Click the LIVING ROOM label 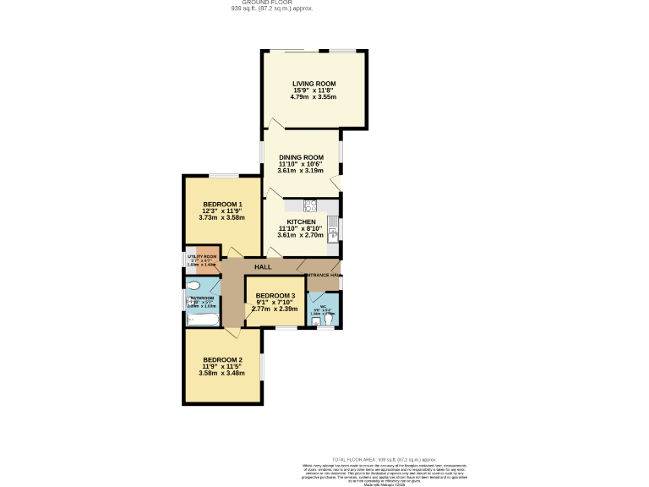point(314,84)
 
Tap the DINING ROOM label point(302,157)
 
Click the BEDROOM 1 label point(222,205)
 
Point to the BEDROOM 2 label point(222,359)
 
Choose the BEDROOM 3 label point(275,296)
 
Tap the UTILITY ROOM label point(202,256)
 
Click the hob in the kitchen point(310,205)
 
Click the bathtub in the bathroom point(202,319)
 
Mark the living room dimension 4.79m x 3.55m point(314,97)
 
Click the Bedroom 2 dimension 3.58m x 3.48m point(222,373)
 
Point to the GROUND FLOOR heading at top point(260,3)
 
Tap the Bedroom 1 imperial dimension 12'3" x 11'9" point(222,211)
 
